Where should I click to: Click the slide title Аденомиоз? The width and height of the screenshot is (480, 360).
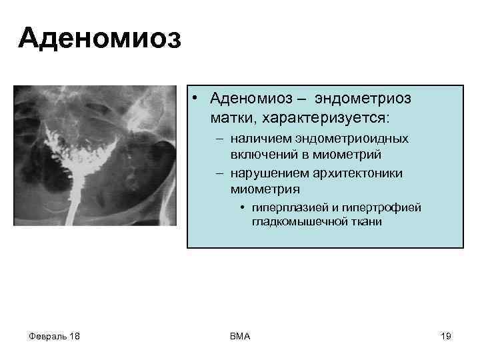pos(99,38)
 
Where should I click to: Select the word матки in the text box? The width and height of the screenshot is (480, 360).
pos(231,117)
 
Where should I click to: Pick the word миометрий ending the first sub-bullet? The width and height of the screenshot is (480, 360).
pos(351,154)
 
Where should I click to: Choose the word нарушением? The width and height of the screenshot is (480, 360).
pos(263,173)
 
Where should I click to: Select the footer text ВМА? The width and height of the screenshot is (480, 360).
pos(239,336)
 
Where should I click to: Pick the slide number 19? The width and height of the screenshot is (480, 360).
pos(446,336)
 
